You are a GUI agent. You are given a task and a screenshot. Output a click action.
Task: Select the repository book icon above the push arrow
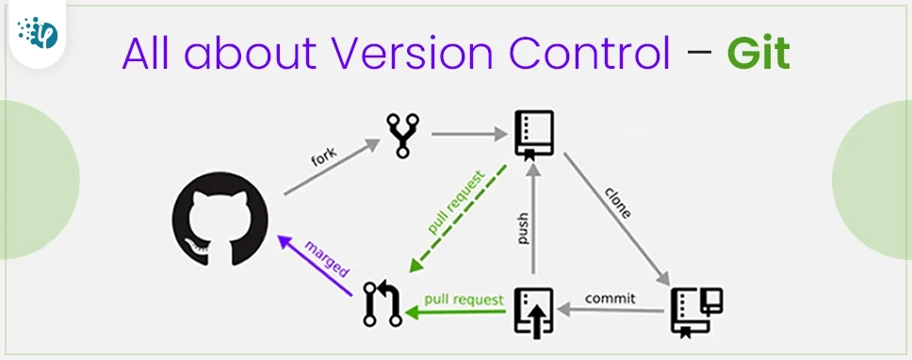[x=534, y=134]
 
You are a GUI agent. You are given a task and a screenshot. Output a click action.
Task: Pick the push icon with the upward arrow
[x=534, y=310]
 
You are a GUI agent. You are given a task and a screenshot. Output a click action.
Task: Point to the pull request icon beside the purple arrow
[x=383, y=304]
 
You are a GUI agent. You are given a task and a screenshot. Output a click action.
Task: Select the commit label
[x=611, y=299]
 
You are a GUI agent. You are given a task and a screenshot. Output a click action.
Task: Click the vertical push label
[x=524, y=230]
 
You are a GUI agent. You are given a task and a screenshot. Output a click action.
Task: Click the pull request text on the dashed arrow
[x=456, y=203]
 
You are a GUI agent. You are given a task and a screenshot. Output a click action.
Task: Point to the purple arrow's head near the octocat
[x=285, y=241]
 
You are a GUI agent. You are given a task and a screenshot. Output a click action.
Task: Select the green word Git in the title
[x=757, y=56]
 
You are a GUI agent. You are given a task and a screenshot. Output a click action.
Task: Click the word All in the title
[x=149, y=56]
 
